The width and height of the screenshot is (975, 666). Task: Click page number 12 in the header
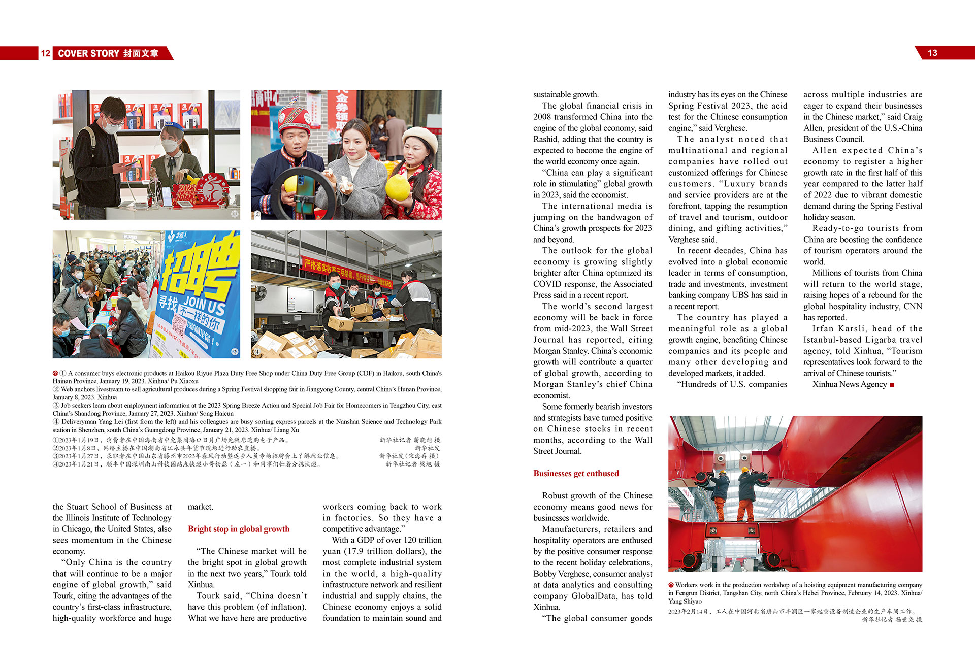point(45,53)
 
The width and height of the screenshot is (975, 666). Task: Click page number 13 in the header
point(932,53)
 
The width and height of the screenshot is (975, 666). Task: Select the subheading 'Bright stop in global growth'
point(239,529)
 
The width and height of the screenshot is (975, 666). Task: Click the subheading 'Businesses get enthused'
point(576,473)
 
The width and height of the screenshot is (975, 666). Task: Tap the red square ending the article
point(892,385)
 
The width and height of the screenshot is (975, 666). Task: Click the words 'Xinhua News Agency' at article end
point(849,384)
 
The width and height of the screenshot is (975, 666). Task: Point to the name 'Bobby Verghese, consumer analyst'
point(593,574)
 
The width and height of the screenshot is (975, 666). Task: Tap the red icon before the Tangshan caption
point(671,585)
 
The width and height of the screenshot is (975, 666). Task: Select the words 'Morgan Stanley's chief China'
point(593,384)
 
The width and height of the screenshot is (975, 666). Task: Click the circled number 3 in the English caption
point(56,406)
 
